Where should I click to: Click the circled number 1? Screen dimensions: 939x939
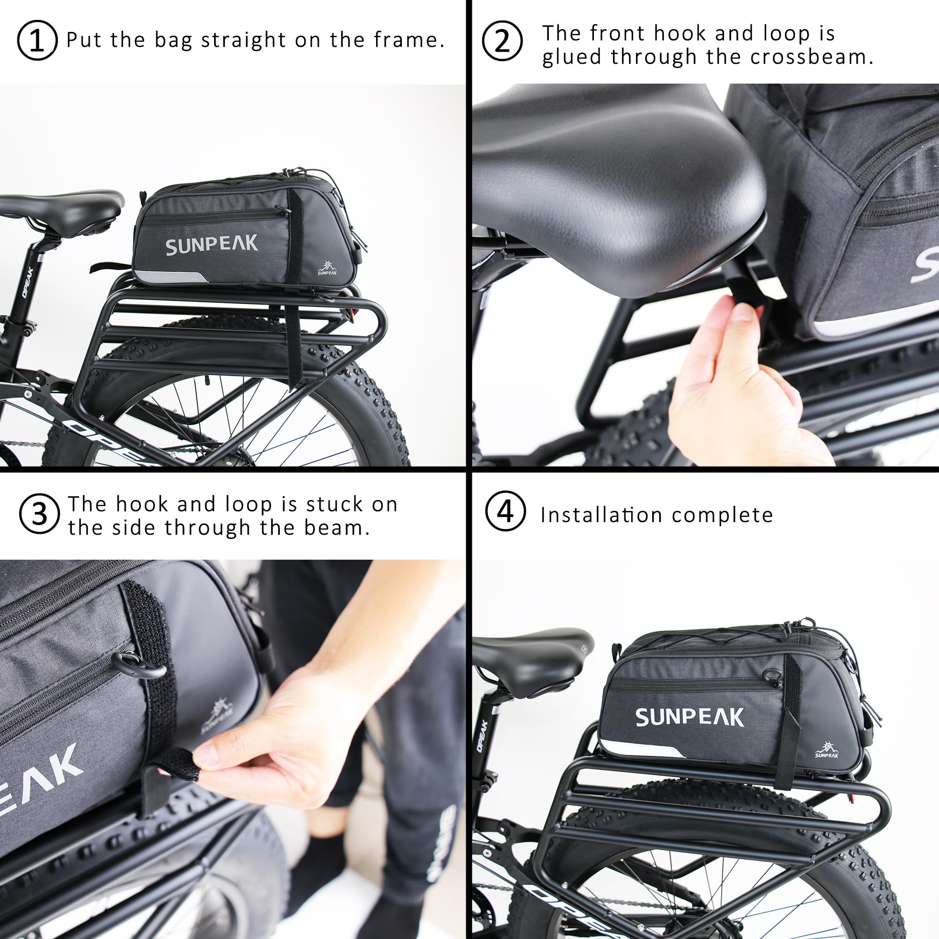point(37,40)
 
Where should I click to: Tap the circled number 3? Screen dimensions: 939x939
point(39,514)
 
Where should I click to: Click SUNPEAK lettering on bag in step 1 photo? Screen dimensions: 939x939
point(211,246)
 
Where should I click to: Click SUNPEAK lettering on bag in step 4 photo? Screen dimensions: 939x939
point(689,717)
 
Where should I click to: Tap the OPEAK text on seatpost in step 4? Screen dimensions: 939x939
point(482,736)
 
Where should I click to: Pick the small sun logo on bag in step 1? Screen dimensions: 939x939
point(327,268)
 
